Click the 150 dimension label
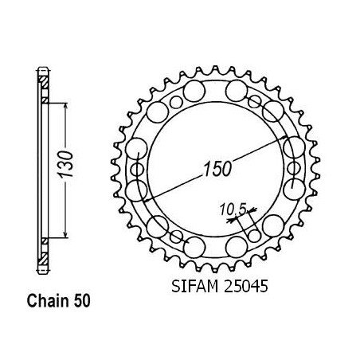(217, 169)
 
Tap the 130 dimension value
(65, 164)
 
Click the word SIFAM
(195, 287)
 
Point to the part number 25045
(246, 287)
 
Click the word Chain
(48, 301)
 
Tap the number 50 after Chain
(82, 301)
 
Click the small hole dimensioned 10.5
(255, 236)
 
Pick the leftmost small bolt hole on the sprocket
(137, 169)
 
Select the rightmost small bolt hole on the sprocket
(294, 168)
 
